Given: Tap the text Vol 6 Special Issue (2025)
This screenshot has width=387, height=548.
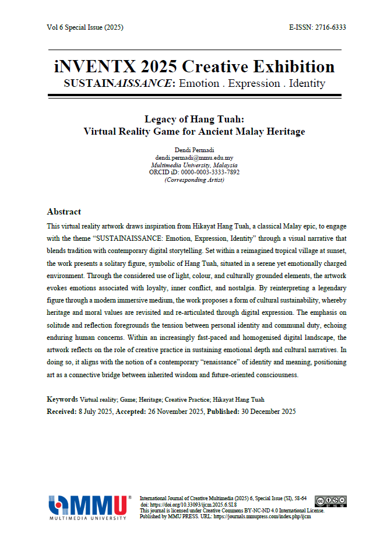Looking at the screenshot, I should coord(85,27).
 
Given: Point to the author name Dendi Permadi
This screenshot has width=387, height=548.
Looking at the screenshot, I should coord(194,150).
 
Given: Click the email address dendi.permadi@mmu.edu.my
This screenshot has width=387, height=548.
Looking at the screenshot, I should coord(194,158).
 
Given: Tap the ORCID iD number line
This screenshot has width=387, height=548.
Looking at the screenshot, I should coord(194,173).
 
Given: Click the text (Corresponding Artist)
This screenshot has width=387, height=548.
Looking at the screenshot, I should coord(194,180).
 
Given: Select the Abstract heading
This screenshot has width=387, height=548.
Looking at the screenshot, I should coord(64,212).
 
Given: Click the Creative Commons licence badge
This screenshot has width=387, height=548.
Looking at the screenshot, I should coord(330,501).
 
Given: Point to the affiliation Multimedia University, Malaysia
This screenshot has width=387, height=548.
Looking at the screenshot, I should coord(194,166).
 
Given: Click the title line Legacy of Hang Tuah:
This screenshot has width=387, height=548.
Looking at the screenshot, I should coord(194,119).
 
